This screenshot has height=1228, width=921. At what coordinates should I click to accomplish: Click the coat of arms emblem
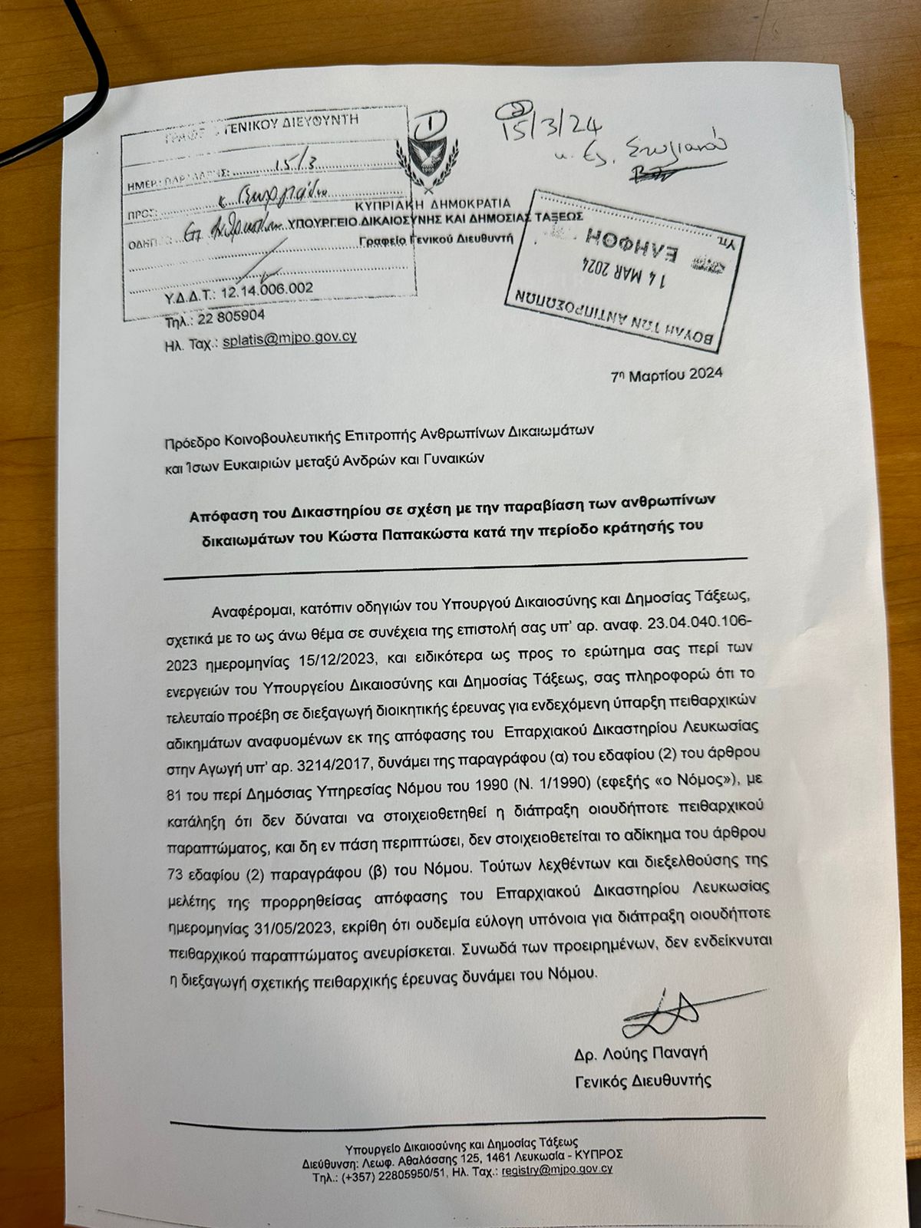(433, 154)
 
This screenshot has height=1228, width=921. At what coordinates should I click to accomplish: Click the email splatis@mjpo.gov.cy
(289, 338)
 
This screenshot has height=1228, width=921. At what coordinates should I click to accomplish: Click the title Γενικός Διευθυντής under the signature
(643, 1081)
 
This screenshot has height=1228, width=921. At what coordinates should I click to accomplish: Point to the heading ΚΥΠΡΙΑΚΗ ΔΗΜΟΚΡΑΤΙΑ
(434, 204)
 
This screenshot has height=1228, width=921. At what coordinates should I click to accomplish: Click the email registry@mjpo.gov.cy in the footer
(556, 1170)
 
